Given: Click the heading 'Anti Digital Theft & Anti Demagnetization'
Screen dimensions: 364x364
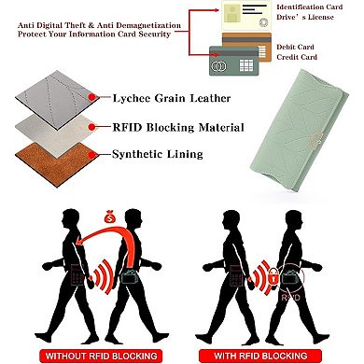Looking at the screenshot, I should coord(91,10).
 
